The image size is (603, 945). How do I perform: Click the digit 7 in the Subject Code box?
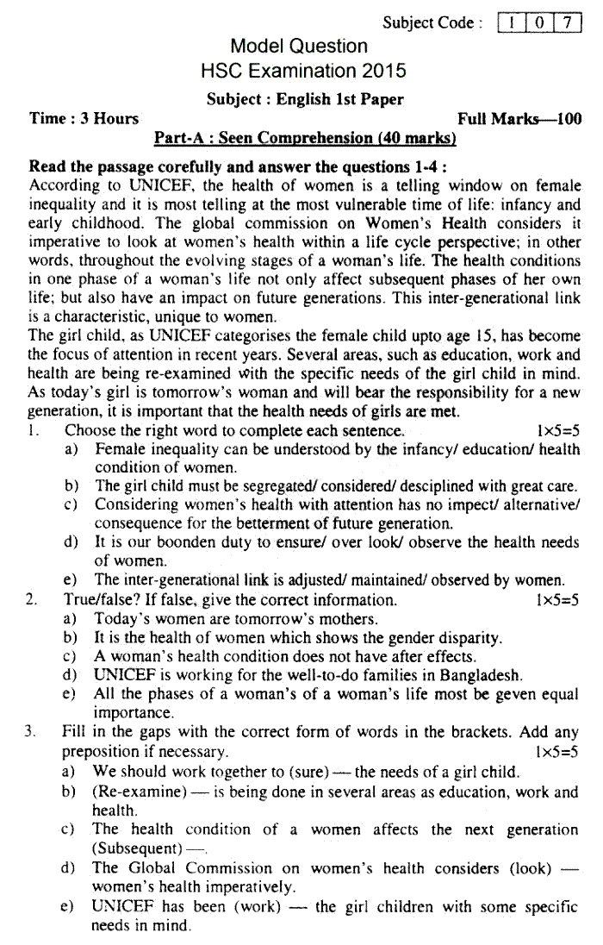tap(567, 23)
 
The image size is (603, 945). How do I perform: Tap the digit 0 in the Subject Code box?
tap(540, 23)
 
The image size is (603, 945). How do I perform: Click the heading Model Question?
tap(299, 47)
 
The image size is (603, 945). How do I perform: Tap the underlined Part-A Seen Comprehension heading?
tap(304, 138)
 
